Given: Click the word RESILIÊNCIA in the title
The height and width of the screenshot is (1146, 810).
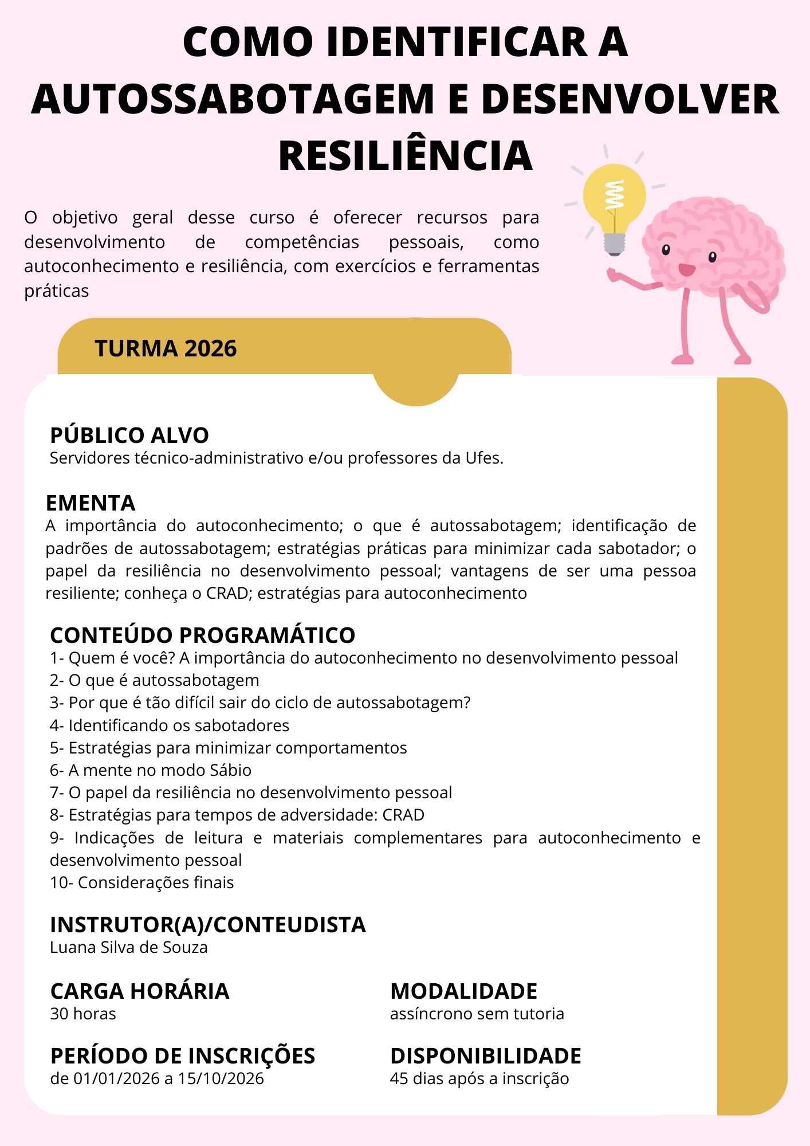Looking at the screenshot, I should pyautogui.click(x=406, y=156).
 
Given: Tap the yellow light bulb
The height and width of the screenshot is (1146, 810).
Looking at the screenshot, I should pyautogui.click(x=614, y=198).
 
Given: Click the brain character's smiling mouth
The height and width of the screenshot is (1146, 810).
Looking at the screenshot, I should pyautogui.click(x=686, y=269).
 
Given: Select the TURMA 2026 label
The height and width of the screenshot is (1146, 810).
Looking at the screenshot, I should pyautogui.click(x=166, y=348).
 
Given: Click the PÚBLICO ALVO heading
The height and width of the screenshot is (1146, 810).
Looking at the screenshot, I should pyautogui.click(x=129, y=435).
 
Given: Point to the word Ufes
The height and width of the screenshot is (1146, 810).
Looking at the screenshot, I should pyautogui.click(x=484, y=458).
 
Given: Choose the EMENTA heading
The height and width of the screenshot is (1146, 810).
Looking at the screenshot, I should pyautogui.click(x=91, y=503).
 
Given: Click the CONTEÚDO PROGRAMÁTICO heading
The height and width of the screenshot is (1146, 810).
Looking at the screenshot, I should pyautogui.click(x=203, y=635).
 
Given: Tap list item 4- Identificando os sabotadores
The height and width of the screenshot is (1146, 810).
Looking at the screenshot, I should pyautogui.click(x=170, y=725).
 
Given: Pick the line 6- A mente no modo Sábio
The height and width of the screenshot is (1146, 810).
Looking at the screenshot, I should pyautogui.click(x=151, y=770).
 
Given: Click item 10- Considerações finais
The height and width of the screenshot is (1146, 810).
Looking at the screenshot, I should pyautogui.click(x=142, y=882).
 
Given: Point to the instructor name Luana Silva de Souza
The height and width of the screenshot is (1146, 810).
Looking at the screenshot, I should pyautogui.click(x=129, y=947).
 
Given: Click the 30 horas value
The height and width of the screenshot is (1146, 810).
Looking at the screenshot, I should pyautogui.click(x=83, y=1014).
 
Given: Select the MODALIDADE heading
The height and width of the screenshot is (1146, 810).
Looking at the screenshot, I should pyautogui.click(x=464, y=991).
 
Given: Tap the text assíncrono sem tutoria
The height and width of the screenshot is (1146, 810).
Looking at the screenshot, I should pyautogui.click(x=477, y=1014).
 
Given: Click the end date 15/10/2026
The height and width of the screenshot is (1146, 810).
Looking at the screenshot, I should pyautogui.click(x=221, y=1078).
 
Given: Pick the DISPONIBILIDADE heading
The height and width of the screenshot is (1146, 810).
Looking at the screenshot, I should pyautogui.click(x=486, y=1056).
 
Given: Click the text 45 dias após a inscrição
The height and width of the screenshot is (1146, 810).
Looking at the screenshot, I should pyautogui.click(x=479, y=1078).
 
